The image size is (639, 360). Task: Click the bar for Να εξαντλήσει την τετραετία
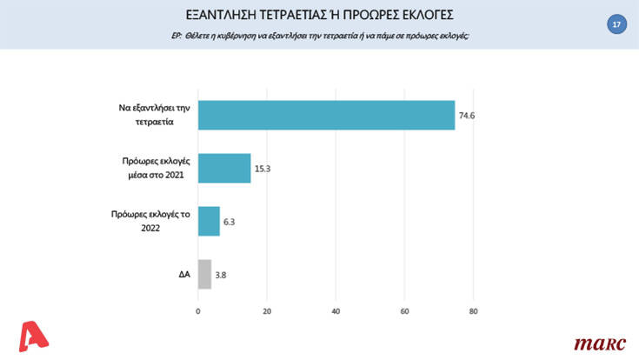tap(326, 116)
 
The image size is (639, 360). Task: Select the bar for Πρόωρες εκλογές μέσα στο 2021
tap(224, 168)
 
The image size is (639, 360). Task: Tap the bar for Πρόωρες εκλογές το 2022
tap(209, 221)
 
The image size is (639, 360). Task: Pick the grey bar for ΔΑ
tap(204, 274)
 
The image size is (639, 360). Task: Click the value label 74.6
tap(469, 116)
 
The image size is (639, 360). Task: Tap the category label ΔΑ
tap(178, 274)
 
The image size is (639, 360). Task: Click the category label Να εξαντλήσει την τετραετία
tap(148, 116)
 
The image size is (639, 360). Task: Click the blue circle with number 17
tap(616, 24)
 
